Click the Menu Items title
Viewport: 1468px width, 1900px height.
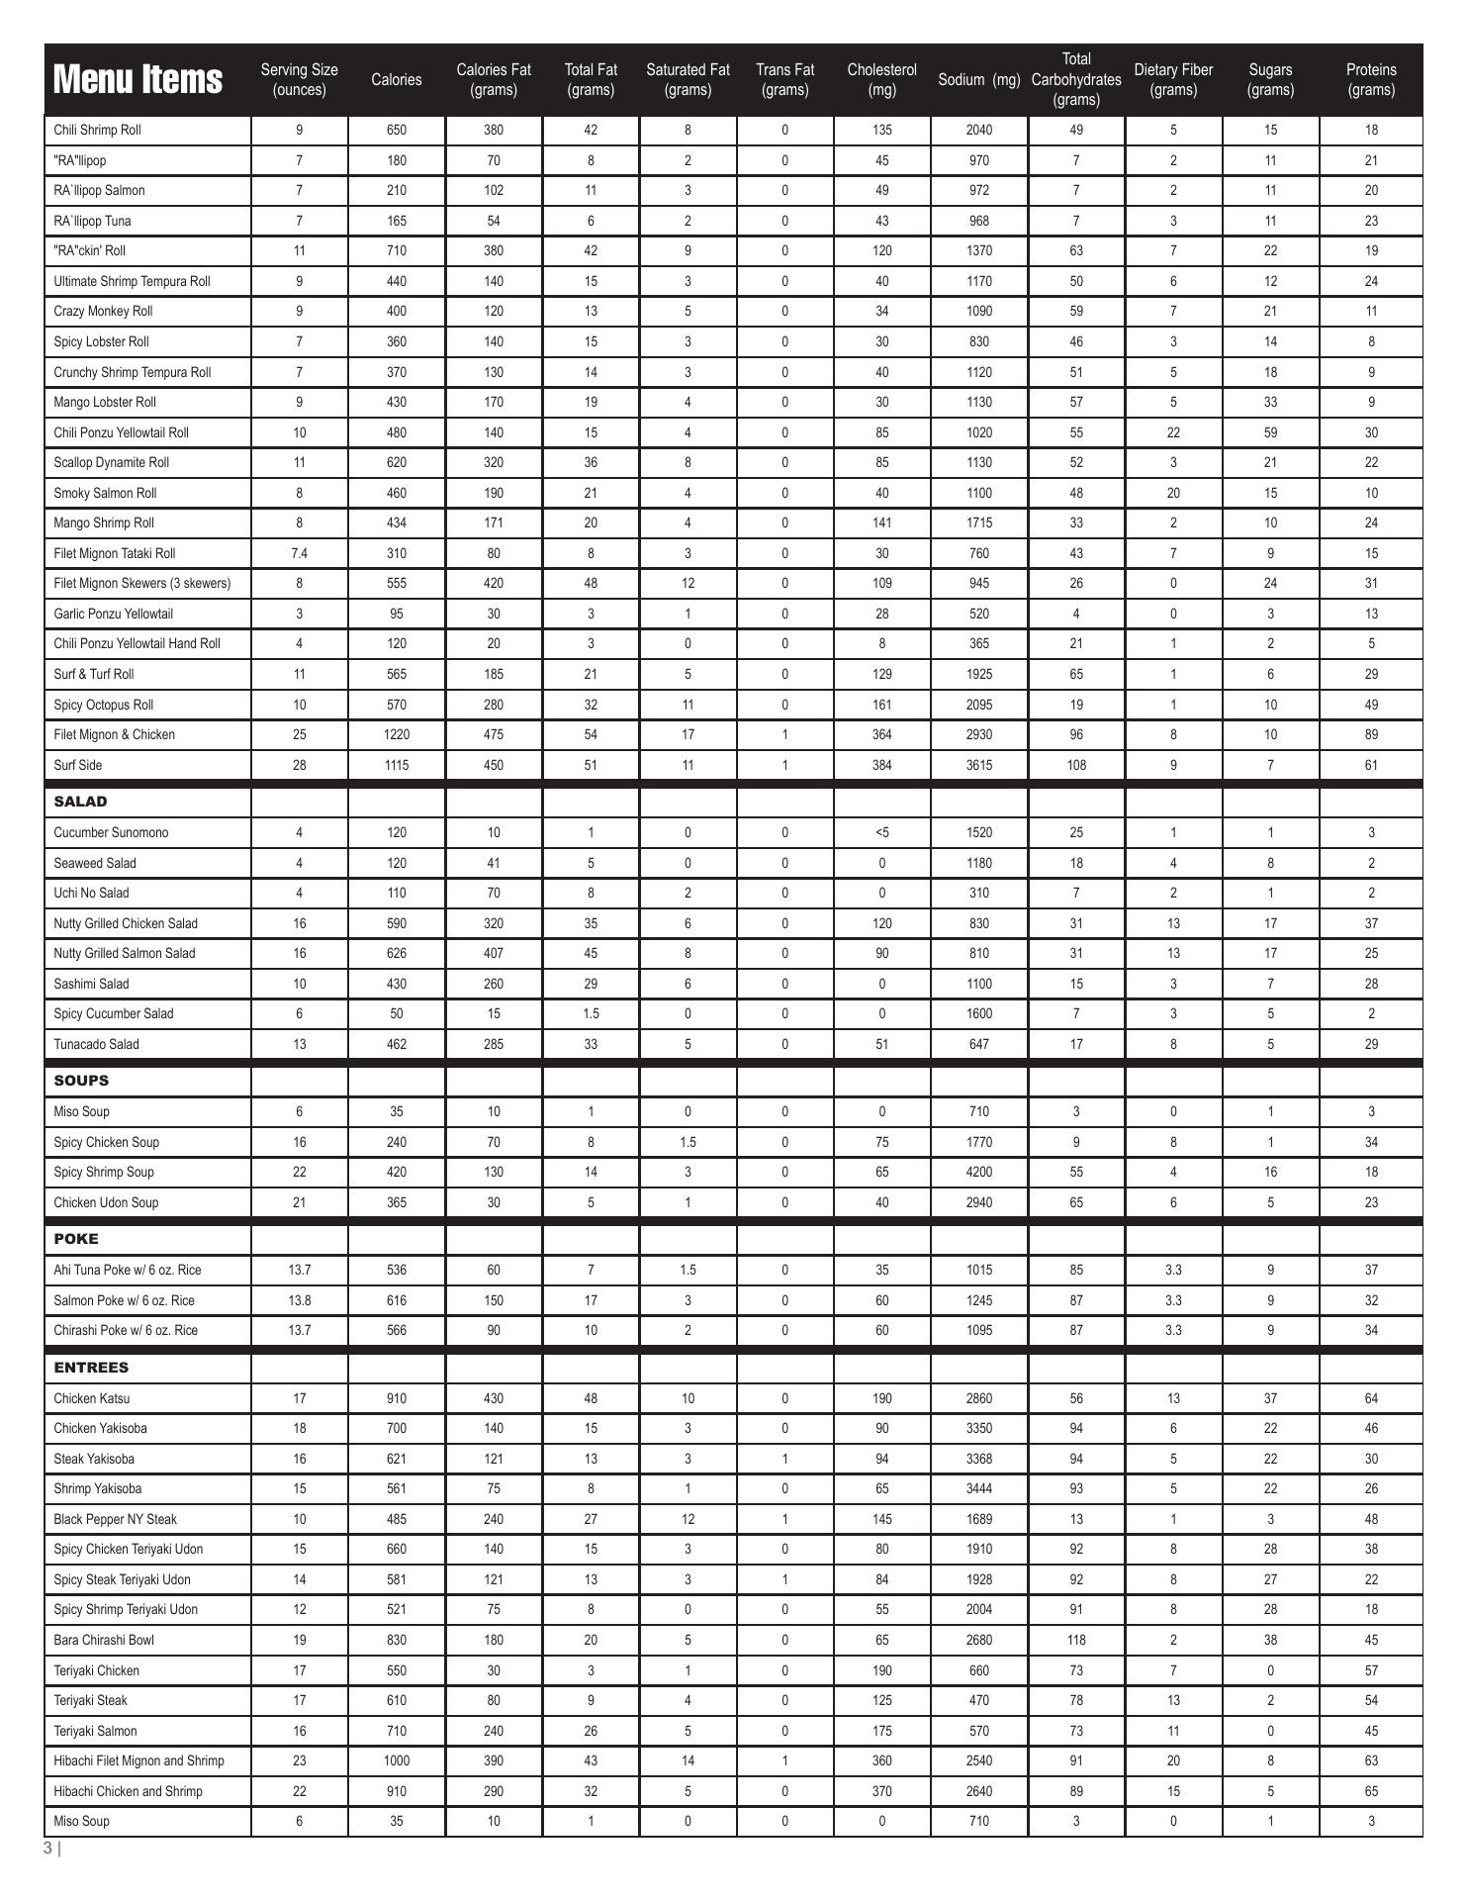(138, 79)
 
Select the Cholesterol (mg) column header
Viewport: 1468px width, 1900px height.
(881, 80)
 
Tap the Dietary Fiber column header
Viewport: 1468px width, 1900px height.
(1173, 80)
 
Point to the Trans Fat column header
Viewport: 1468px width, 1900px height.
(784, 80)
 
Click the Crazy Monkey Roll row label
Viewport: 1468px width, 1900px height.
(103, 312)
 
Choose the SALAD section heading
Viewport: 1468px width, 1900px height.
(80, 802)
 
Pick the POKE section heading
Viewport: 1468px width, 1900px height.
(76, 1239)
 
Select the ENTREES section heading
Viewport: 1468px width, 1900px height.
(91, 1368)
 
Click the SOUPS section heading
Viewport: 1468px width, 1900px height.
(81, 1081)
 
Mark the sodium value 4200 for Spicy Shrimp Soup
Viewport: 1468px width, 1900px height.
(978, 1173)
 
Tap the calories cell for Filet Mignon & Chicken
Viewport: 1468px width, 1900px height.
(396, 735)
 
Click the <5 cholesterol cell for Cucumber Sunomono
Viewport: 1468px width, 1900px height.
(881, 833)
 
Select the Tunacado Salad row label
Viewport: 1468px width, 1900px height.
(96, 1044)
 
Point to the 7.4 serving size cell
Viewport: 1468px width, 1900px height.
(299, 554)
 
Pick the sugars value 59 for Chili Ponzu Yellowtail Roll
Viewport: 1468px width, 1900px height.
(1270, 432)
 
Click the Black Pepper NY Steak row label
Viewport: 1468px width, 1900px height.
(115, 1519)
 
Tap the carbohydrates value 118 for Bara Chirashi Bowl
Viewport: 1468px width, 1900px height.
(1076, 1640)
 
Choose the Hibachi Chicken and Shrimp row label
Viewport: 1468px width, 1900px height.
(128, 1791)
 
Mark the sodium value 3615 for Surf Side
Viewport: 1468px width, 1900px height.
(978, 766)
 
